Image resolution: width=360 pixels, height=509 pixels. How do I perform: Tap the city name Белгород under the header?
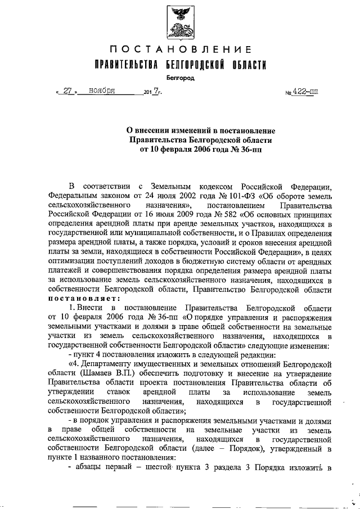coord(180,78)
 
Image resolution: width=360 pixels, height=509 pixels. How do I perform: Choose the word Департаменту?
coord(106,363)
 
